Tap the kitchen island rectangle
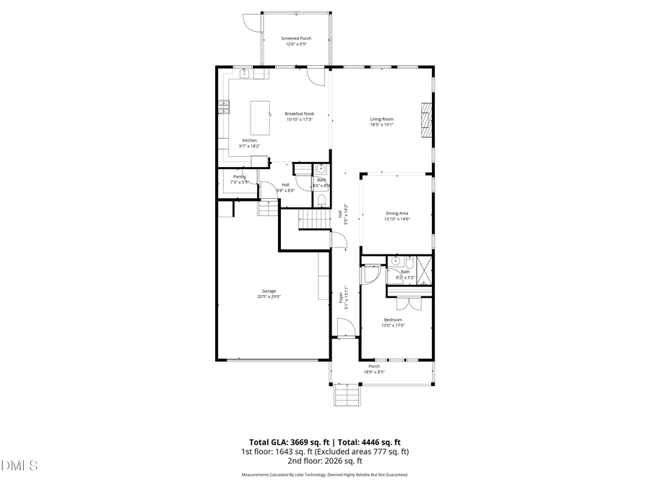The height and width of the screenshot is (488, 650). click(x=260, y=117)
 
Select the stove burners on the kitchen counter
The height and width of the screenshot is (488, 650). click(x=223, y=108)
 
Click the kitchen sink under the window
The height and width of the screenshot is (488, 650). click(x=245, y=73)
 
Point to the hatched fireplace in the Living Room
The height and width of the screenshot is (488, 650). click(x=426, y=119)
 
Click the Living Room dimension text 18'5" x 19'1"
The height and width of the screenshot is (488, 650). click(x=381, y=124)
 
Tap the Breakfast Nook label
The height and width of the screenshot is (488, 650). click(x=299, y=114)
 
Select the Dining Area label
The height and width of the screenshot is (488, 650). click(x=397, y=213)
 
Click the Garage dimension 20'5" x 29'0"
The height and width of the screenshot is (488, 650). click(x=269, y=296)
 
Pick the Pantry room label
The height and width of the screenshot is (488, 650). click(x=239, y=176)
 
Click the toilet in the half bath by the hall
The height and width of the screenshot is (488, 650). click(x=321, y=200)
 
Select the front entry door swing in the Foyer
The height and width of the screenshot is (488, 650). click(x=346, y=328)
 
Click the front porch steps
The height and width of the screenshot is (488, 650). click(x=346, y=396)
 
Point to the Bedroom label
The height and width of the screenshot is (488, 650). click(x=393, y=320)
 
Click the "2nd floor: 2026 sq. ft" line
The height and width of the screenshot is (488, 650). click(x=324, y=461)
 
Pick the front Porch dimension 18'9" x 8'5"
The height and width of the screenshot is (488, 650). click(x=374, y=372)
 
